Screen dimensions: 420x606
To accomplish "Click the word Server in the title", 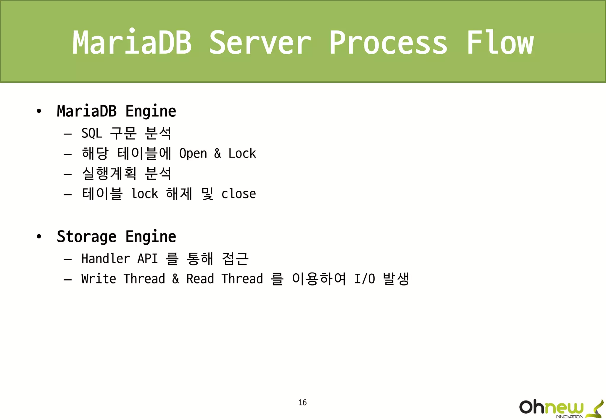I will pyautogui.click(x=260, y=43).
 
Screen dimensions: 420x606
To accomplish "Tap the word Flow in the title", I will pyautogui.click(x=500, y=43).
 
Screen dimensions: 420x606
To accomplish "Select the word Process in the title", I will pyautogui.click(x=388, y=43).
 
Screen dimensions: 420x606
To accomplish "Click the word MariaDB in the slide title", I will pyautogui.click(x=132, y=43).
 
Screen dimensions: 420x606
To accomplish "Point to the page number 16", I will pyautogui.click(x=302, y=402).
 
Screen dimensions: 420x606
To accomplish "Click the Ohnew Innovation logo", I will pyautogui.click(x=560, y=408).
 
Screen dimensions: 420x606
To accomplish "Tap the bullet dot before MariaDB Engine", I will pyautogui.click(x=39, y=111).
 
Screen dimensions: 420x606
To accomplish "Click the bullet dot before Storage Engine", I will pyautogui.click(x=39, y=237).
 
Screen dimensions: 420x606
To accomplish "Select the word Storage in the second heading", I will pyautogui.click(x=87, y=237).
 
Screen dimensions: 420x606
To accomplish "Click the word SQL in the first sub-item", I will pyautogui.click(x=92, y=133).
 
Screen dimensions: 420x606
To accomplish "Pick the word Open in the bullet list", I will pyautogui.click(x=193, y=154).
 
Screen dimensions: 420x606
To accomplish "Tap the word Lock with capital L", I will pyautogui.click(x=242, y=153).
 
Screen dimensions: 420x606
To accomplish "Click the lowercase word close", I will pyautogui.click(x=238, y=194).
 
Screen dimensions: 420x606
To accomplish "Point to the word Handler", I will pyautogui.click(x=106, y=259).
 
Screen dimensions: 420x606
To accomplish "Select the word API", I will pyautogui.click(x=147, y=259).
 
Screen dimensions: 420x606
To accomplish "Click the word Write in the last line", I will pyautogui.click(x=99, y=279).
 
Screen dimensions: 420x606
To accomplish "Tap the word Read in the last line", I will pyautogui.click(x=200, y=279).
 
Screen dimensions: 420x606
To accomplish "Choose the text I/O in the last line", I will pyautogui.click(x=365, y=279).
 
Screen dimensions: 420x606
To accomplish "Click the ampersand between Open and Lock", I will pyautogui.click(x=217, y=153).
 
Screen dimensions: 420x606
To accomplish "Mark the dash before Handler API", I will pyautogui.click(x=67, y=259).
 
